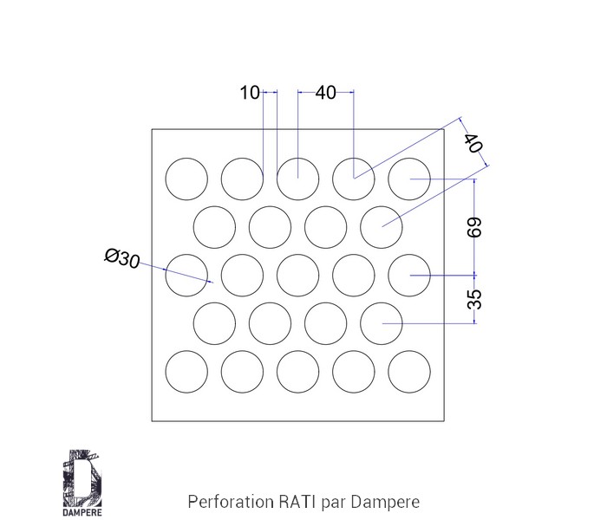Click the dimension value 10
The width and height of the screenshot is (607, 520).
click(x=250, y=93)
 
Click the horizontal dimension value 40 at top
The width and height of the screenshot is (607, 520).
click(x=325, y=93)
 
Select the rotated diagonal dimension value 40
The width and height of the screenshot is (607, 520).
click(x=473, y=144)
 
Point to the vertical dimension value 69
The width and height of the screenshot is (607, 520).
click(x=474, y=227)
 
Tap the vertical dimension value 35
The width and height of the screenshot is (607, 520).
click(x=474, y=299)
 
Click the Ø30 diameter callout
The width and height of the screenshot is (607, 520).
click(x=121, y=257)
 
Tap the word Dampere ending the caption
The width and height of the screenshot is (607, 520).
click(x=388, y=501)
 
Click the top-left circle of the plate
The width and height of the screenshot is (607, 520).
click(x=186, y=179)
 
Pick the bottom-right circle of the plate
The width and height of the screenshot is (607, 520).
click(x=409, y=373)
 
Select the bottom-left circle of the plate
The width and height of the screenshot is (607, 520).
click(x=186, y=373)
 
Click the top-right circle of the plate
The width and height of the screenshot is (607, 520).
click(x=409, y=179)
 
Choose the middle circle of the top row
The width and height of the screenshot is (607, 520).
click(x=298, y=179)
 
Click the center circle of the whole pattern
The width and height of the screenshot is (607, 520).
click(x=298, y=276)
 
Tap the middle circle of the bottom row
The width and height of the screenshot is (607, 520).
click(x=298, y=373)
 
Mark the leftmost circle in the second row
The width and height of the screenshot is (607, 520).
click(x=215, y=228)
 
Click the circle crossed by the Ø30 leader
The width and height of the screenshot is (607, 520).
click(x=186, y=276)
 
